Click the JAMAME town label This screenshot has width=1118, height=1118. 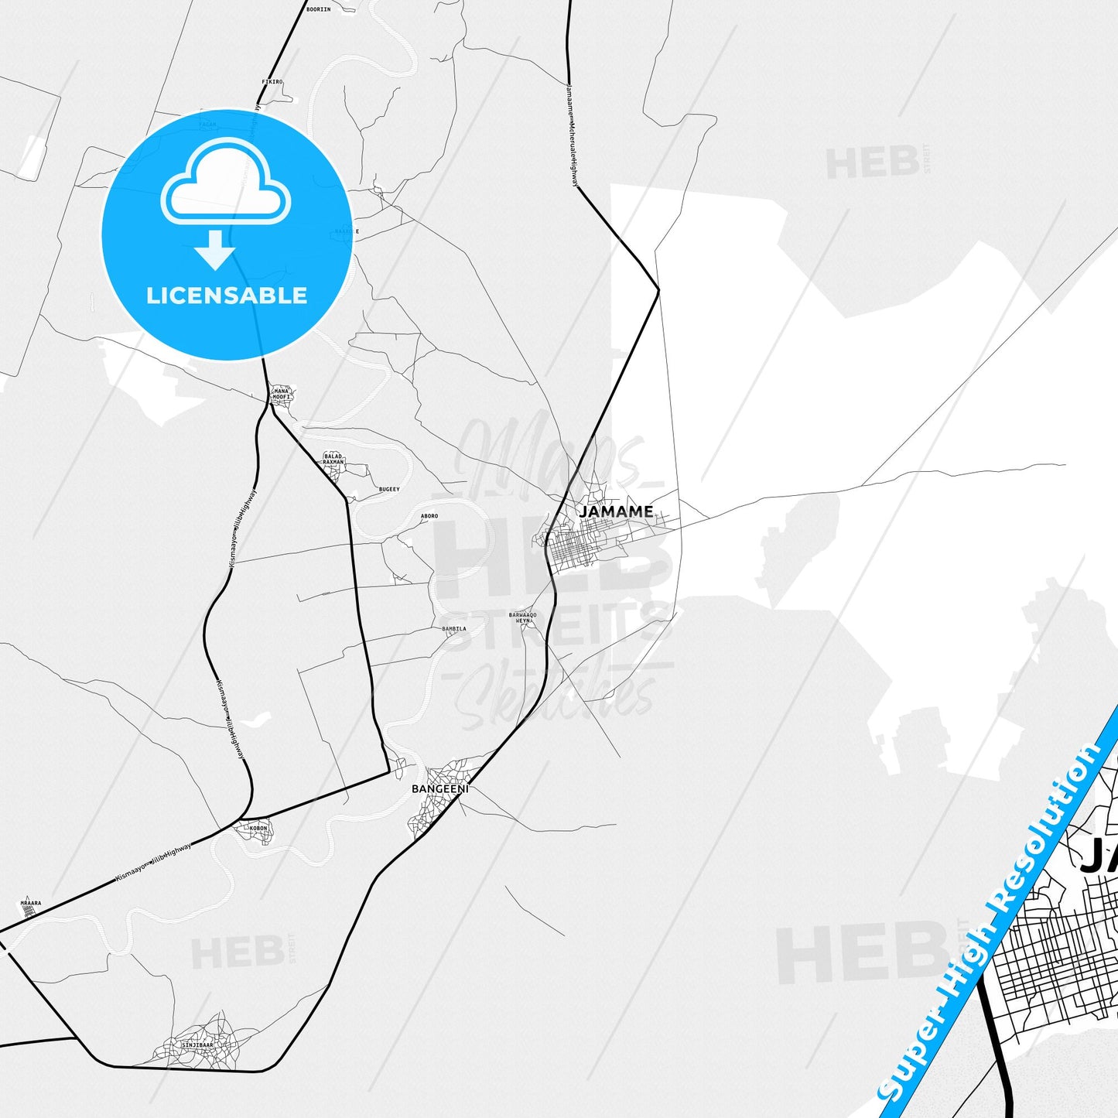(x=616, y=511)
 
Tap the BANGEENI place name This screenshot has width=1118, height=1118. (x=439, y=789)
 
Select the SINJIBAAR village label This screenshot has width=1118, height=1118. (x=197, y=1044)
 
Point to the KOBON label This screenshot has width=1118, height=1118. (x=258, y=829)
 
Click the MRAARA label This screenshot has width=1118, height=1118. (x=31, y=903)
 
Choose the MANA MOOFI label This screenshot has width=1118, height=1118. (x=282, y=394)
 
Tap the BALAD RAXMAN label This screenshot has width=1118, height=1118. (x=333, y=459)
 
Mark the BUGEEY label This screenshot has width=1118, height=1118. (x=389, y=489)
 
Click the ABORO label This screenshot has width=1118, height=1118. (x=429, y=516)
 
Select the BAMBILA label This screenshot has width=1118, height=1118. (x=454, y=629)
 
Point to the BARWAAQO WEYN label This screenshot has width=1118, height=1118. (x=522, y=617)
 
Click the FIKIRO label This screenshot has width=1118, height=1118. (x=272, y=81)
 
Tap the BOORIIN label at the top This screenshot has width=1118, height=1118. (x=318, y=9)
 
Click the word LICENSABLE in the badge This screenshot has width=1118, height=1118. (x=227, y=296)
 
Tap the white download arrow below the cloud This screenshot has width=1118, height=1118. (x=215, y=250)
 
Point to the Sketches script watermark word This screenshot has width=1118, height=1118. (x=554, y=696)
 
